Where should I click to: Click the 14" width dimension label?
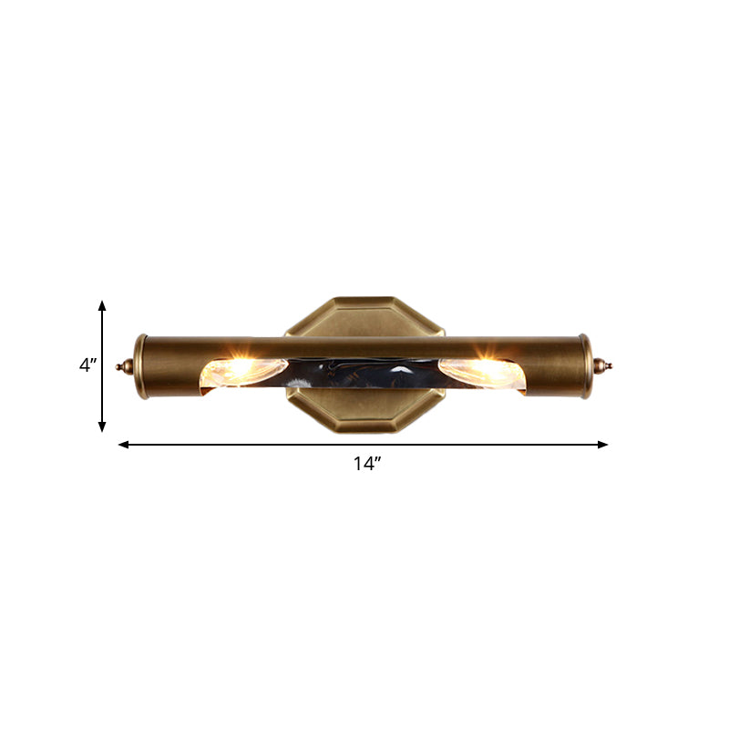click(366, 464)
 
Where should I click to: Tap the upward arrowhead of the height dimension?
click(102, 305)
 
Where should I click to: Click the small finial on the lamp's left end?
click(122, 366)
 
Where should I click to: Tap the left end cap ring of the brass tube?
click(140, 365)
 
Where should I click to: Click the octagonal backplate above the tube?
click(364, 315)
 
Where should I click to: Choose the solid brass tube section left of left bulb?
click(173, 364)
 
